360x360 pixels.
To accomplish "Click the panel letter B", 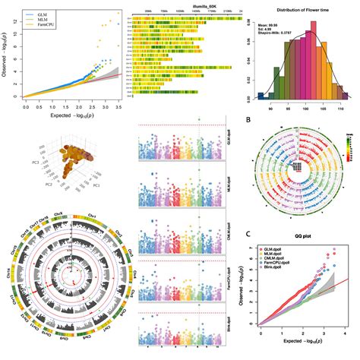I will pos(250,118).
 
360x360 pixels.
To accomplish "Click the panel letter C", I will pos(250,232).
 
